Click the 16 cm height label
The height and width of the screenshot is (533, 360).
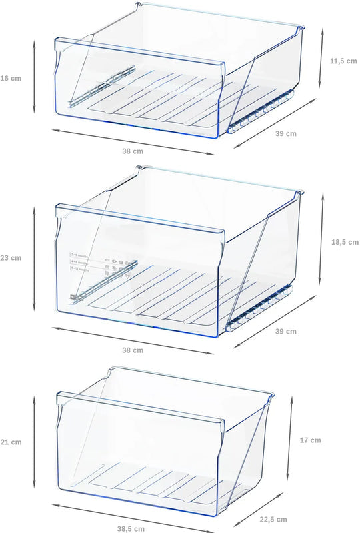11,78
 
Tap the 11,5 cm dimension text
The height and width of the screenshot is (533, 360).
344,61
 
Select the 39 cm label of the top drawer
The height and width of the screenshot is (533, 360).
286,133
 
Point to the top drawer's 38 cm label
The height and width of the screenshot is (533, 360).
133,151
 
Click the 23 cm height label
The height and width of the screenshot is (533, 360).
11,257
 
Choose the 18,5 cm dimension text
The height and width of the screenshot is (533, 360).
344,242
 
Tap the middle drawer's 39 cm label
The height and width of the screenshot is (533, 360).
286,332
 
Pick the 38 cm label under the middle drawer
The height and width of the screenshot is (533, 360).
133,350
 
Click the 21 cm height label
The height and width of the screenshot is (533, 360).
11,442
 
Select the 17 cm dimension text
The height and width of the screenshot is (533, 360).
310,440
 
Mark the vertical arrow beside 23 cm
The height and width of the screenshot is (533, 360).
34,259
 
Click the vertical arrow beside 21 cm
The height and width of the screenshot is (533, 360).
34,440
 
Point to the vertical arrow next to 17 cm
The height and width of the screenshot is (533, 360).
291,440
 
